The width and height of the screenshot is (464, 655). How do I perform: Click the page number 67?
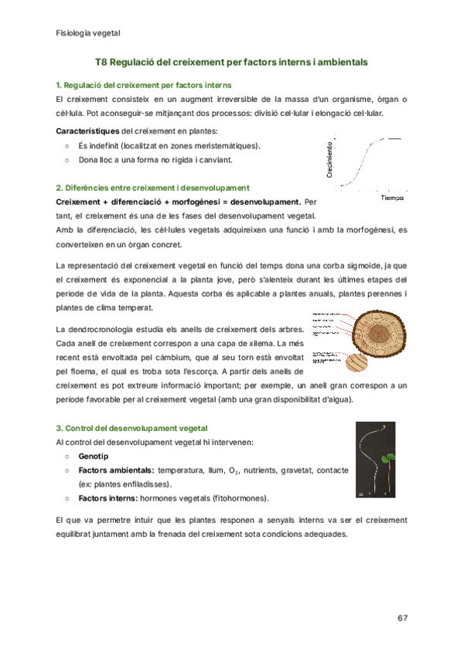coord(401,618)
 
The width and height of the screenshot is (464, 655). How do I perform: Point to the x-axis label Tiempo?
coord(392,199)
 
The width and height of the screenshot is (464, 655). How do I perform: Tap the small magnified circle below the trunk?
coord(359,361)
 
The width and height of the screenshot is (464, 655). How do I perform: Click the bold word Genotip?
coord(94,456)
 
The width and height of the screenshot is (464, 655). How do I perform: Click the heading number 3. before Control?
coord(60,427)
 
